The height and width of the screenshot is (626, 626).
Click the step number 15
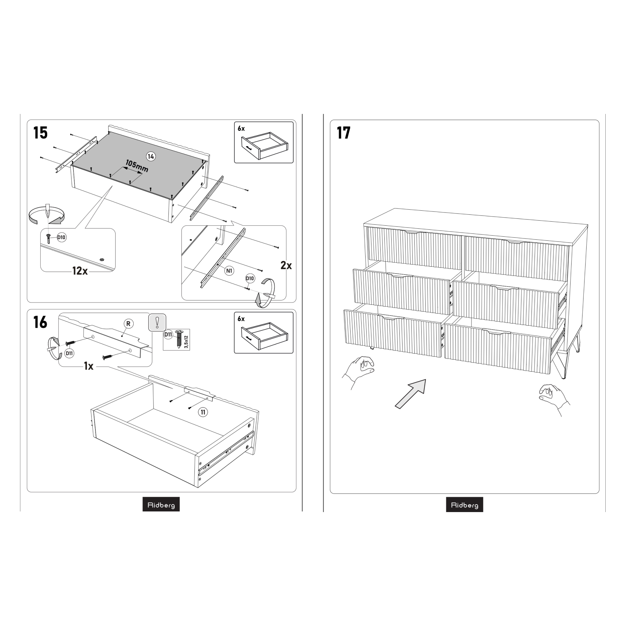(x=40, y=133)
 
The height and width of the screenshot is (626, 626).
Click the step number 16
(x=40, y=322)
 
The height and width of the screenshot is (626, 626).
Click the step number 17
(x=343, y=133)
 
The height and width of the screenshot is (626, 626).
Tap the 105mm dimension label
(x=137, y=166)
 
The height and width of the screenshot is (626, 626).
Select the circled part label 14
(x=151, y=157)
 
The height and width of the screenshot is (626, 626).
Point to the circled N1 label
(x=229, y=271)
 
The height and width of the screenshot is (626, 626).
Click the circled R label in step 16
(x=129, y=324)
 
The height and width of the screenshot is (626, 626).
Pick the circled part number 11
(x=203, y=412)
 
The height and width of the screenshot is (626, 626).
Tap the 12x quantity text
(x=80, y=271)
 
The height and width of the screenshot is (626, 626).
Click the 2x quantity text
(x=286, y=265)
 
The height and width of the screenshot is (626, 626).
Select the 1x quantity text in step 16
(x=89, y=366)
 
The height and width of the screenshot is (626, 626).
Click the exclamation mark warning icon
(x=157, y=322)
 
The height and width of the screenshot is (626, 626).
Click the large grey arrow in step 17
(x=410, y=394)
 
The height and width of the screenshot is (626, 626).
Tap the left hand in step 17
(x=358, y=372)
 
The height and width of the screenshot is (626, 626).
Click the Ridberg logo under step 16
(x=161, y=505)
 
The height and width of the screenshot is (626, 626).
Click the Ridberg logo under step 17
(x=464, y=505)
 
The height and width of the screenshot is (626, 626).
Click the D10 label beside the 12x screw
(x=61, y=238)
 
